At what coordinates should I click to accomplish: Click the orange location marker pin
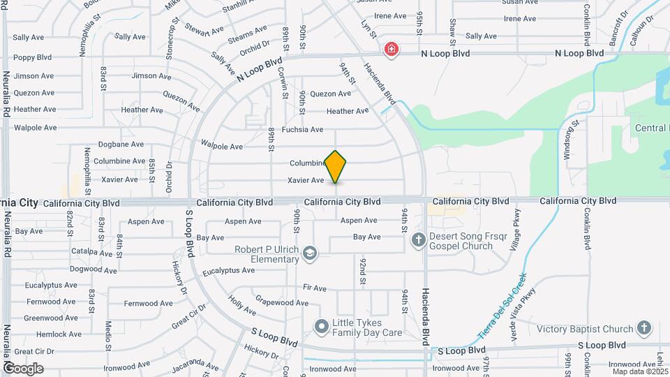(336, 166)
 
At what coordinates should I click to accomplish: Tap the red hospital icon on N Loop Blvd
(392, 50)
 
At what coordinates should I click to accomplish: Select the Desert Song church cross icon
(418, 241)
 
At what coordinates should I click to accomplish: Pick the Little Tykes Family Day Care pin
(321, 326)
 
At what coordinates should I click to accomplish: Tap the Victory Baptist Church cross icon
(643, 327)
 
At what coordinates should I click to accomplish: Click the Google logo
(22, 368)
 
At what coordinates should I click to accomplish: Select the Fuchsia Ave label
(302, 129)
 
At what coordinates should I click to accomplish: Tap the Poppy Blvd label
(33, 57)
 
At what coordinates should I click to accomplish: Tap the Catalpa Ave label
(92, 251)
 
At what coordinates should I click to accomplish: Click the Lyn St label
(368, 29)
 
